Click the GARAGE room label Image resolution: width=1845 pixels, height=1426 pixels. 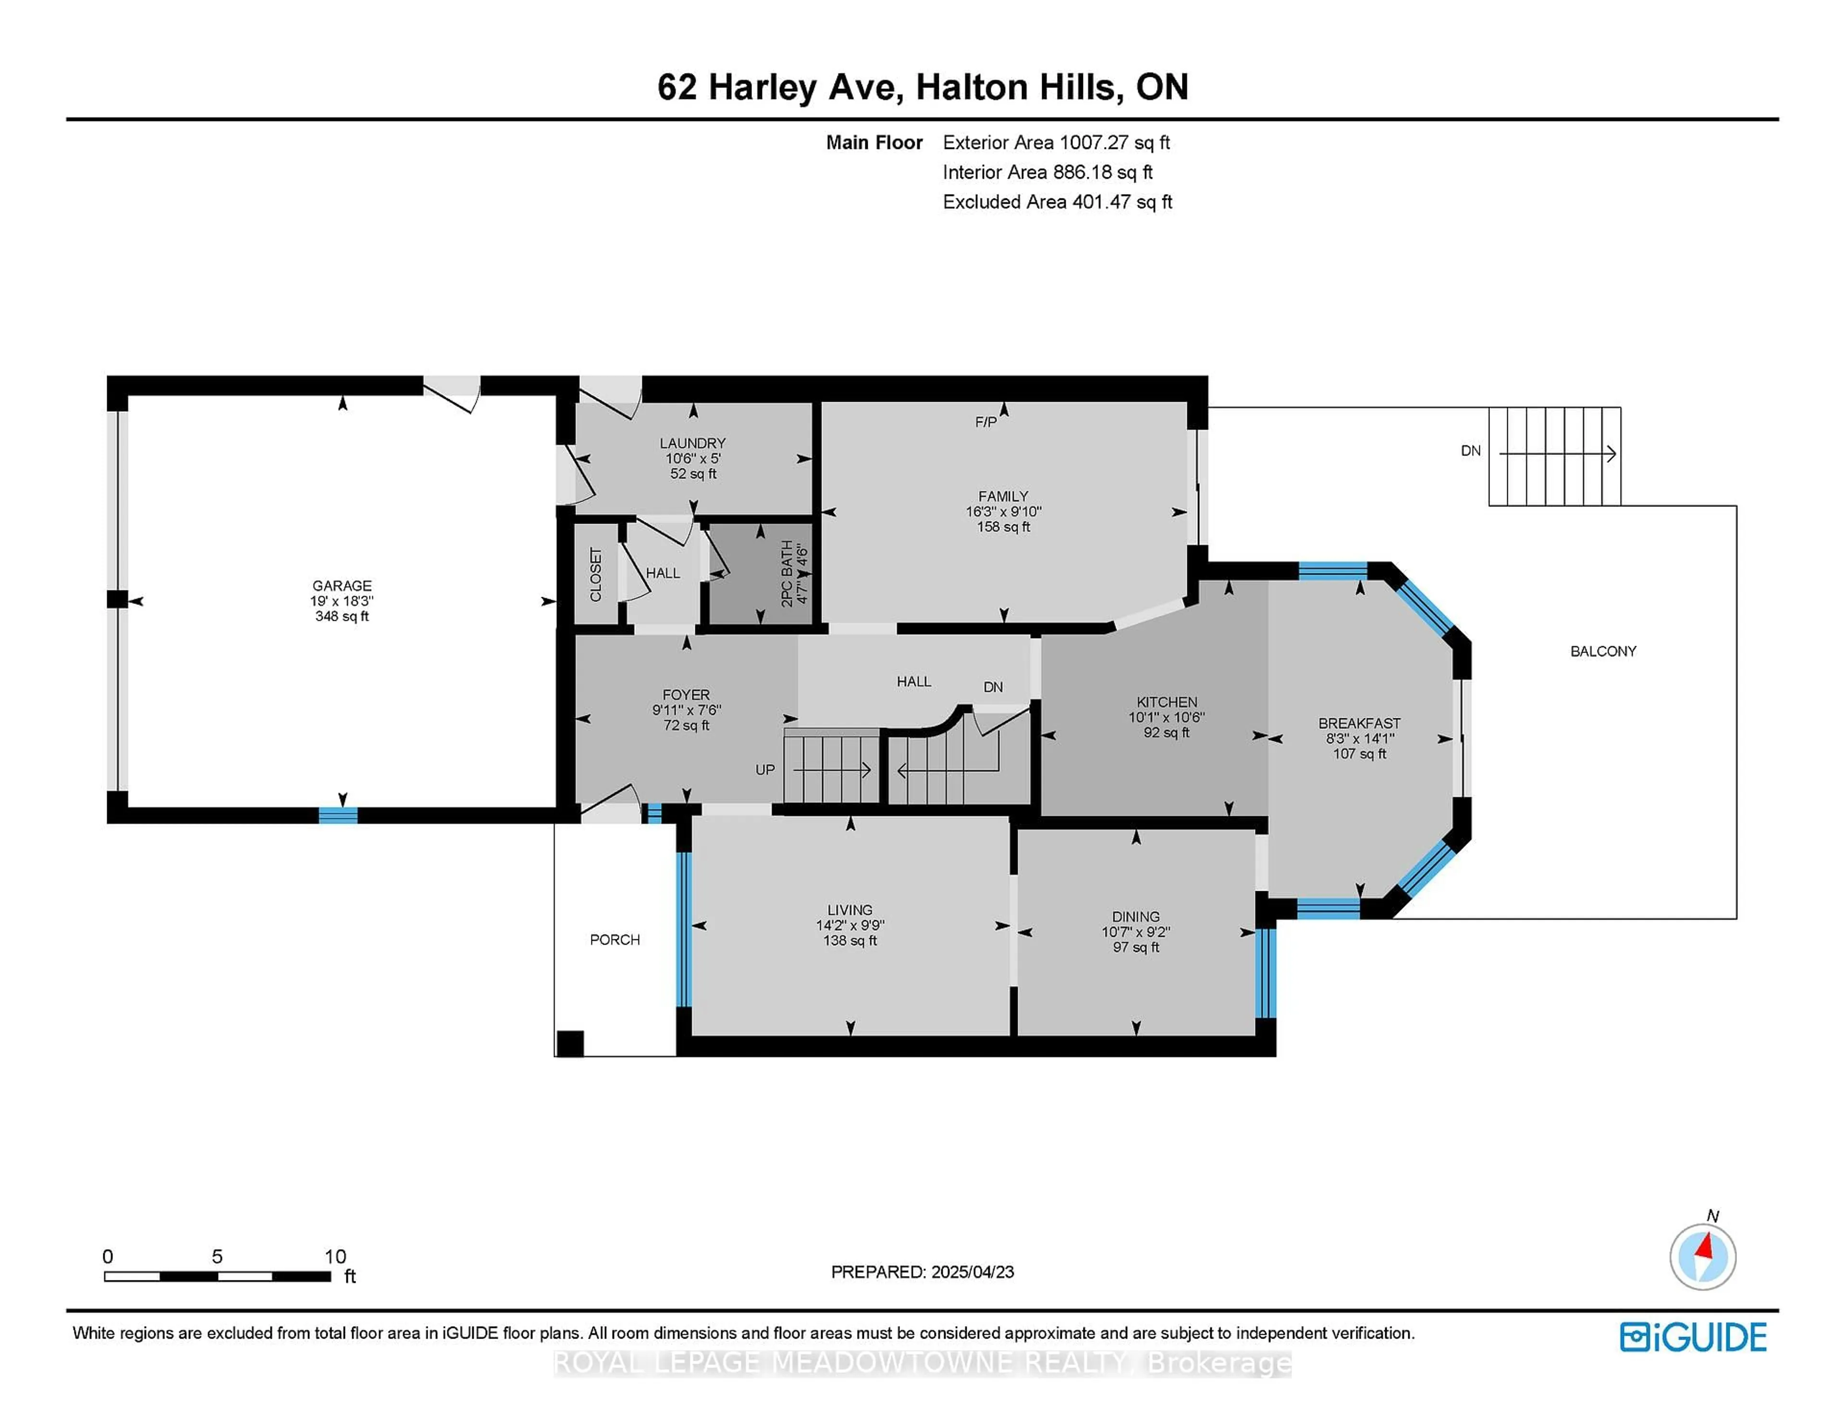point(342,585)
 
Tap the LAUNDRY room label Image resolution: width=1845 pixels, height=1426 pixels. point(693,443)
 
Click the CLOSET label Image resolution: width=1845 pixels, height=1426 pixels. point(596,575)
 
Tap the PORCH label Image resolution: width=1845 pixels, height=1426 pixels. point(615,939)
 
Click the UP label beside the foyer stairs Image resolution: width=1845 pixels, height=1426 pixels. point(764,770)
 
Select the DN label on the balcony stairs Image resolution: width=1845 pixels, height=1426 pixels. point(1471,450)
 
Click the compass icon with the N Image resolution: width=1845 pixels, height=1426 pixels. point(1703,1256)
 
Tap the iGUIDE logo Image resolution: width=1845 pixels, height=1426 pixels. point(1693,1337)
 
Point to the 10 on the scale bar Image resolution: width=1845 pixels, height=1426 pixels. point(335,1256)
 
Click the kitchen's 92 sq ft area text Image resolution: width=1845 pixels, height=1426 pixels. point(1167,732)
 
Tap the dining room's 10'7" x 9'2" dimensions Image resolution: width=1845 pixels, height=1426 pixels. point(1135,932)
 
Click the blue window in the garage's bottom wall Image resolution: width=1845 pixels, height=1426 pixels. point(338,815)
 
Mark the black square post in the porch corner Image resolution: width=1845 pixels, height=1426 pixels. point(570,1044)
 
